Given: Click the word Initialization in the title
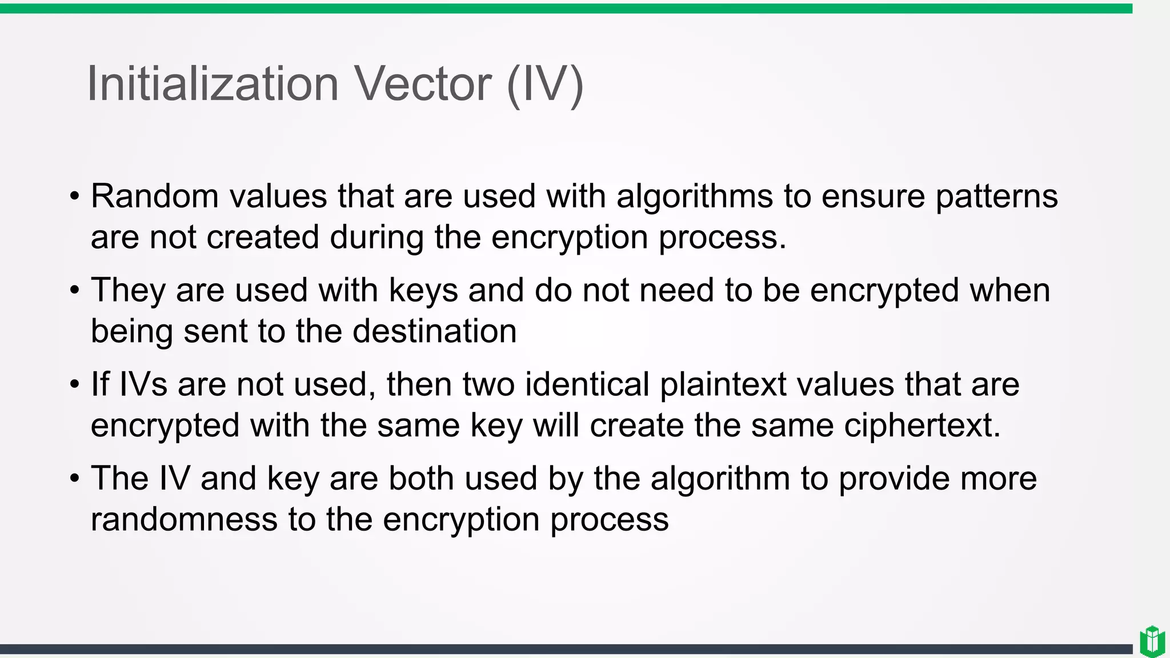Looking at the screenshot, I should point(213,84).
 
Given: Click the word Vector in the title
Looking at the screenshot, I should point(423,84).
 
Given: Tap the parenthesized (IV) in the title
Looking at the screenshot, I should point(545,85).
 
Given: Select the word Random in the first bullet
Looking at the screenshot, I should point(155,196).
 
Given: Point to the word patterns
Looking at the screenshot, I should point(996,197).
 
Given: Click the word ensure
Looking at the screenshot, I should point(873,197).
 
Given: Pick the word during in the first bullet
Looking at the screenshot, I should point(376,237).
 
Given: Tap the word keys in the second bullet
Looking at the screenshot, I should point(423,291).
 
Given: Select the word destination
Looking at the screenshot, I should point(435,331).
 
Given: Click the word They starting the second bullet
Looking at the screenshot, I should point(129,291).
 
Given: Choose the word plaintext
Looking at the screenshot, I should point(723,385).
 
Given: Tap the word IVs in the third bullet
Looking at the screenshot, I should point(143,384).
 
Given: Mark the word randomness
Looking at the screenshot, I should point(184,520).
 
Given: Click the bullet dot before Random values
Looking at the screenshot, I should point(75,197).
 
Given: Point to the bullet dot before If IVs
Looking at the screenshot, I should point(75,385).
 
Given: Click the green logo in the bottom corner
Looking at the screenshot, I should point(1152,641).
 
